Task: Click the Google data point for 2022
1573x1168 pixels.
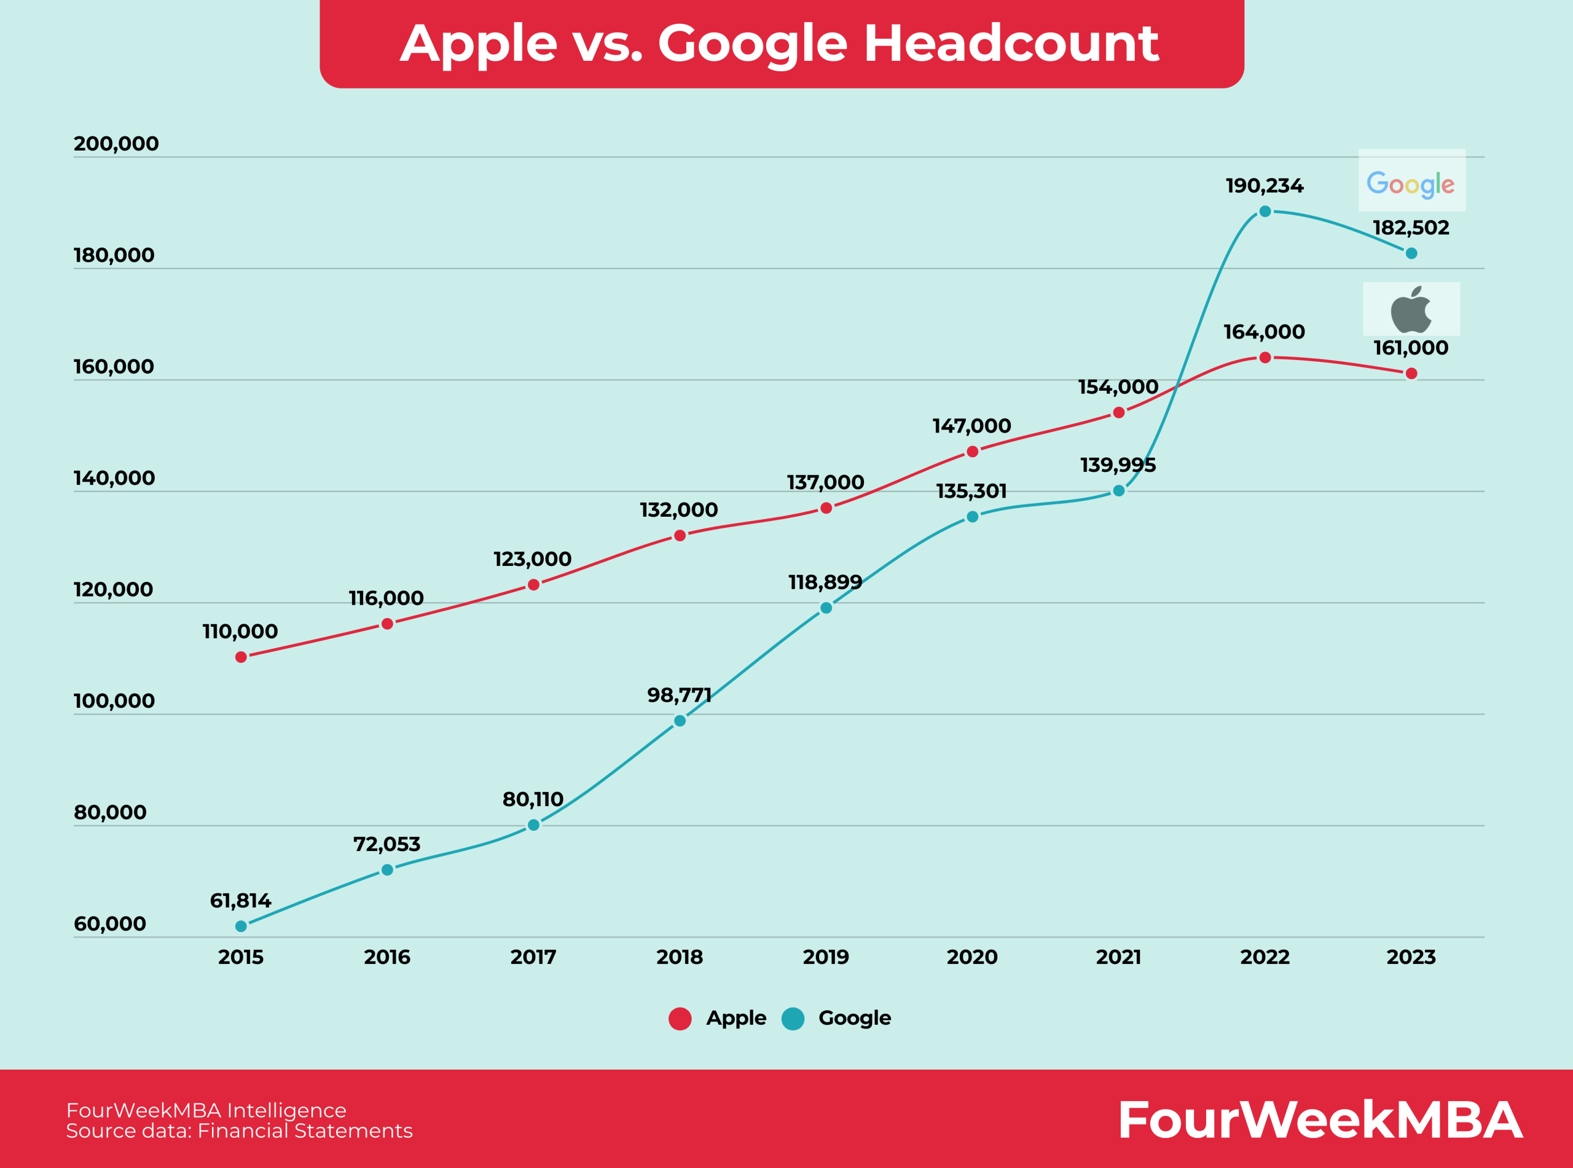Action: click(1265, 211)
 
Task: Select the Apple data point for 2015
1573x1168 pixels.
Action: click(241, 657)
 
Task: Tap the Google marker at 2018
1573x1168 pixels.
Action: click(680, 721)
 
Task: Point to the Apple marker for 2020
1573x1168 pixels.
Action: click(972, 451)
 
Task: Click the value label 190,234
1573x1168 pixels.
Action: click(1264, 186)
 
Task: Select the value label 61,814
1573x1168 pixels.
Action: click(240, 901)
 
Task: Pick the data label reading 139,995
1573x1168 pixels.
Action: click(1118, 465)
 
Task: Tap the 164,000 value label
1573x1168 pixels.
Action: click(1264, 332)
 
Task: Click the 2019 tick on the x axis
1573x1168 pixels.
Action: click(826, 957)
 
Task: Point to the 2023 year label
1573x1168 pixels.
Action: click(1410, 957)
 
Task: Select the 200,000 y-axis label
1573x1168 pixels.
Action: click(116, 144)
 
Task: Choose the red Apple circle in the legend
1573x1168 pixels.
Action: click(680, 1019)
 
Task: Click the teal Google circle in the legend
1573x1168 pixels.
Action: click(793, 1019)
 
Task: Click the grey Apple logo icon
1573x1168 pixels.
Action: click(1410, 310)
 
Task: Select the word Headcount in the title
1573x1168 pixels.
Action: click(1011, 43)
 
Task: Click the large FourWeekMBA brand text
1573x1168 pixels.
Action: click(1320, 1121)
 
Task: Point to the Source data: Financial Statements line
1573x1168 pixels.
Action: click(239, 1131)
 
